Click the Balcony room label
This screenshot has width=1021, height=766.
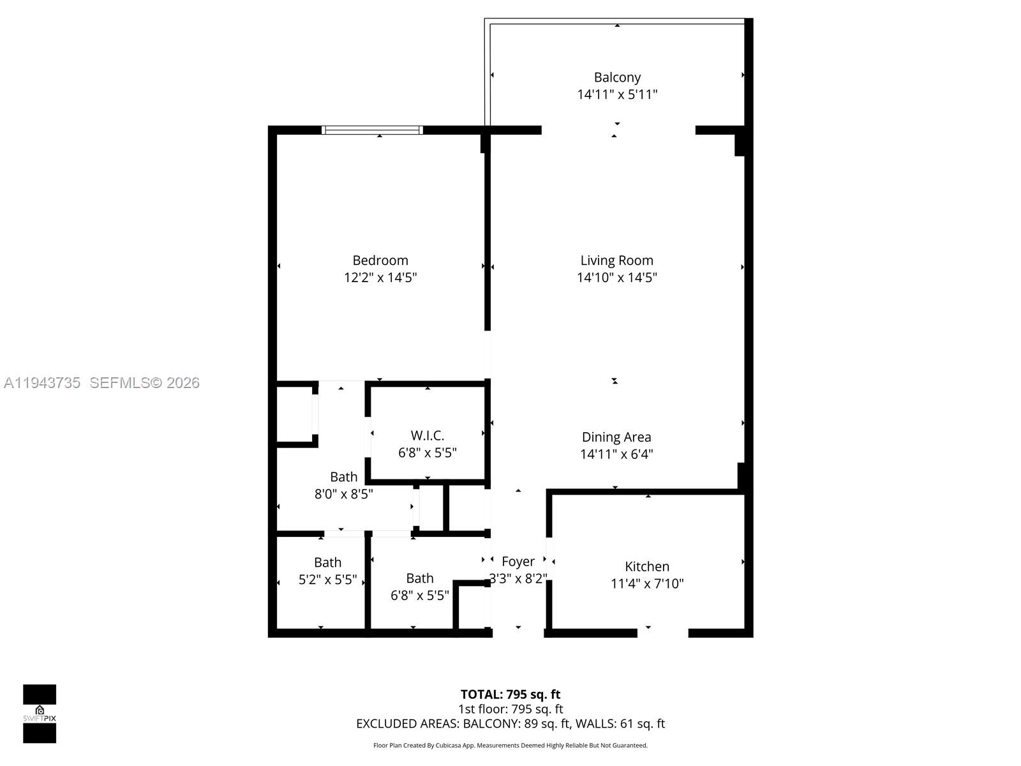coord(617,77)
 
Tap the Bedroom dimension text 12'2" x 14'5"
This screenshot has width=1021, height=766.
coord(380,278)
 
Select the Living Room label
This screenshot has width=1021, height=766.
coord(616,260)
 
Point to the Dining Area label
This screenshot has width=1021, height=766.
coord(616,437)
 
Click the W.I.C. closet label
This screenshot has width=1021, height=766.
coord(427,435)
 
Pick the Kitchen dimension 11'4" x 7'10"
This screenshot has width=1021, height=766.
coord(647,583)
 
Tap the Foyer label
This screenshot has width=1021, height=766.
coord(518,562)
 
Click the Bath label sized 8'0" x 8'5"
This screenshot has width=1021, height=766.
coord(343,477)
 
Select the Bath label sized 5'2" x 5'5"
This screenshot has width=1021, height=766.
coord(327,562)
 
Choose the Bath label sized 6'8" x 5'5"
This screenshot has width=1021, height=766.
coord(419,578)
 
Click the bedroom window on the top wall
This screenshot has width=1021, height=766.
coord(373,130)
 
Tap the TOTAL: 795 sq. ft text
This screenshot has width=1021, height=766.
coord(511,695)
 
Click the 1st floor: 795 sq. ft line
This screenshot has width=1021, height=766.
coord(511,709)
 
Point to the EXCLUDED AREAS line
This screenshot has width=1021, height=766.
coord(511,724)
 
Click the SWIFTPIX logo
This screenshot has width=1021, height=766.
coord(40,714)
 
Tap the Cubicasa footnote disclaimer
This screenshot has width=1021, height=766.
coord(511,746)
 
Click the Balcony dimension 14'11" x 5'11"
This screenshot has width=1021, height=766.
coord(617,94)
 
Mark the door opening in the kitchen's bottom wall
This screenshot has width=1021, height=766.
coord(662,633)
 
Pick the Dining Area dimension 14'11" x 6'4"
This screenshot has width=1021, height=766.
coord(616,454)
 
